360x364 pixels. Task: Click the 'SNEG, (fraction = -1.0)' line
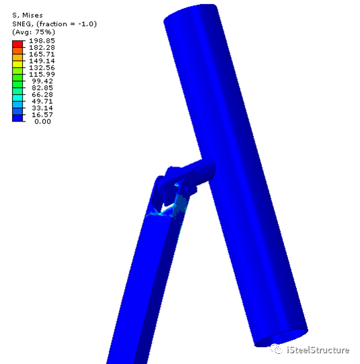(x=54, y=24)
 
